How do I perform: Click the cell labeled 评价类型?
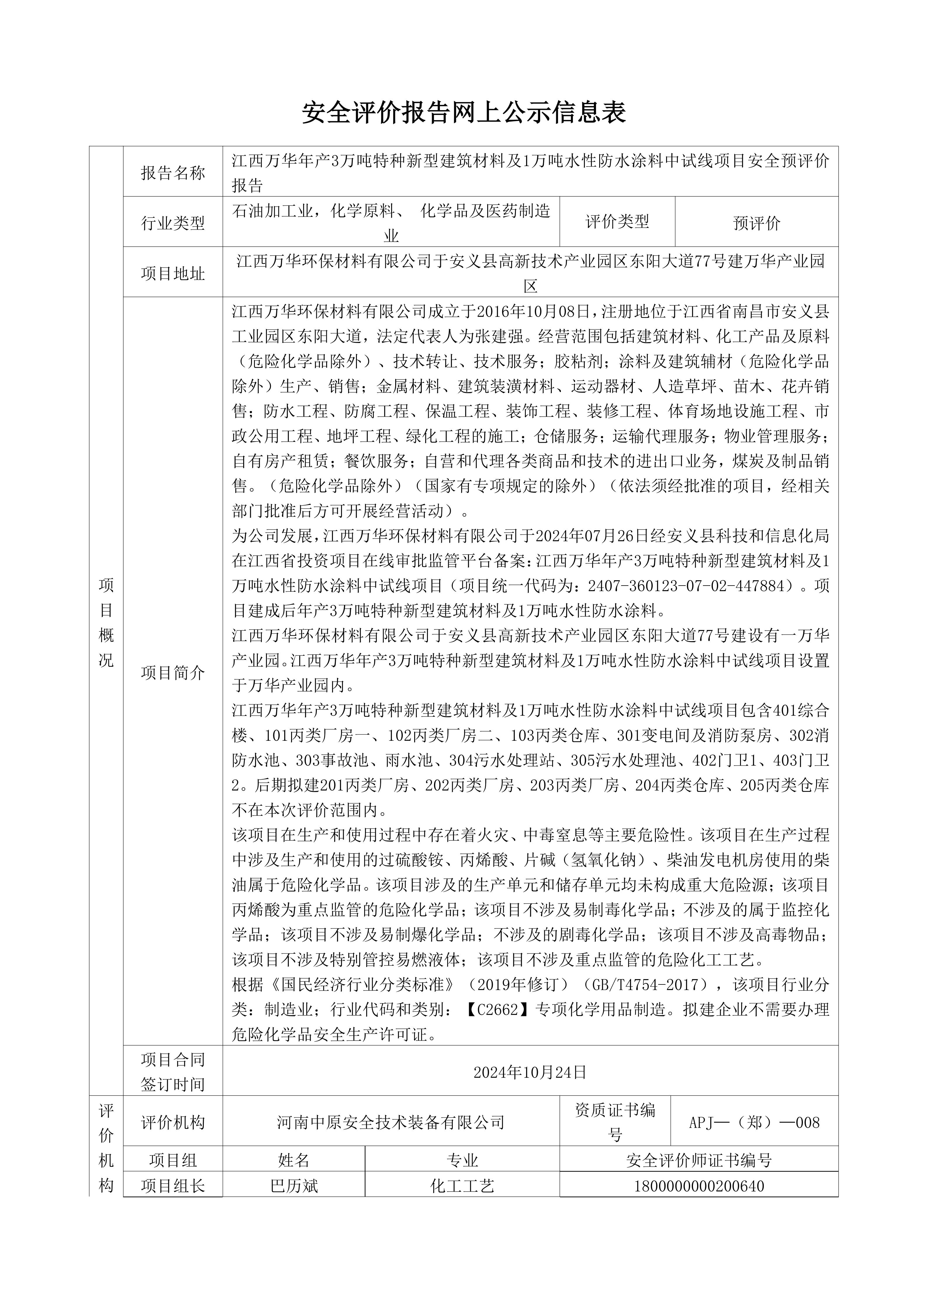617,222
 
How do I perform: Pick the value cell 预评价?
756,223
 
